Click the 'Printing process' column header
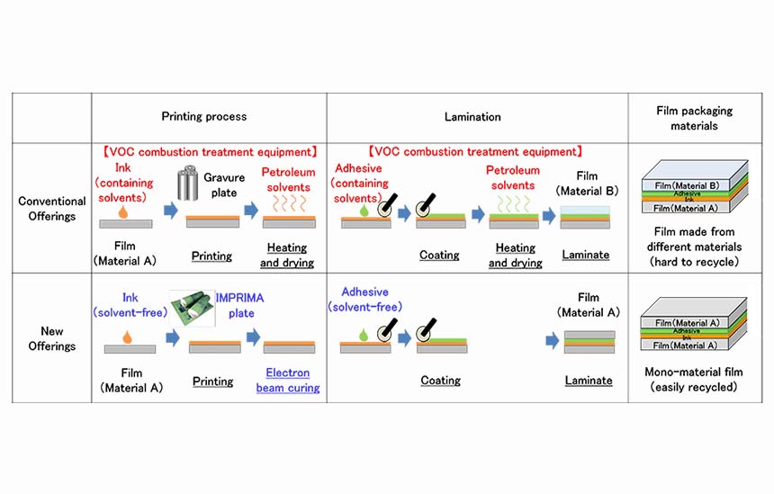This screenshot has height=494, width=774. click(204, 116)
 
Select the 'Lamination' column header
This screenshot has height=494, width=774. click(472, 117)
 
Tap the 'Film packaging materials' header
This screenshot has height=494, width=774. click(694, 118)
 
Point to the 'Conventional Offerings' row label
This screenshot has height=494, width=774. click(52, 208)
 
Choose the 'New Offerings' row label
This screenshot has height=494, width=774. click(52, 338)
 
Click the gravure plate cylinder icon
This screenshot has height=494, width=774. click(187, 183)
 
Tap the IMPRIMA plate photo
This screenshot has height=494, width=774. click(192, 308)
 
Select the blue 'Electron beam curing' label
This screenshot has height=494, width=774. click(288, 380)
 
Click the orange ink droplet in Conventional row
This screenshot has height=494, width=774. click(123, 211)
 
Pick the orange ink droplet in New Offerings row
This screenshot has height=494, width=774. click(128, 337)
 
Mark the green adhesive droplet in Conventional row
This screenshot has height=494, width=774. click(364, 211)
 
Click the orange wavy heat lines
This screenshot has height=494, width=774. click(289, 203)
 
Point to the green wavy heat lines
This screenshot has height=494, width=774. click(513, 203)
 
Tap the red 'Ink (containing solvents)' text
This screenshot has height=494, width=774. click(123, 183)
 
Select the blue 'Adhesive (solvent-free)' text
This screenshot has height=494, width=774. click(364, 300)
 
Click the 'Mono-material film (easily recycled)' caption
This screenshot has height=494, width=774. click(694, 379)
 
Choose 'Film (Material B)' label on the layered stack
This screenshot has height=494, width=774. click(687, 185)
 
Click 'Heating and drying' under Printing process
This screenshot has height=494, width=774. click(287, 255)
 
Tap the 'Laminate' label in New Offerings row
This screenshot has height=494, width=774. click(589, 381)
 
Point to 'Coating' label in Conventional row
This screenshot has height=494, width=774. click(439, 256)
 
